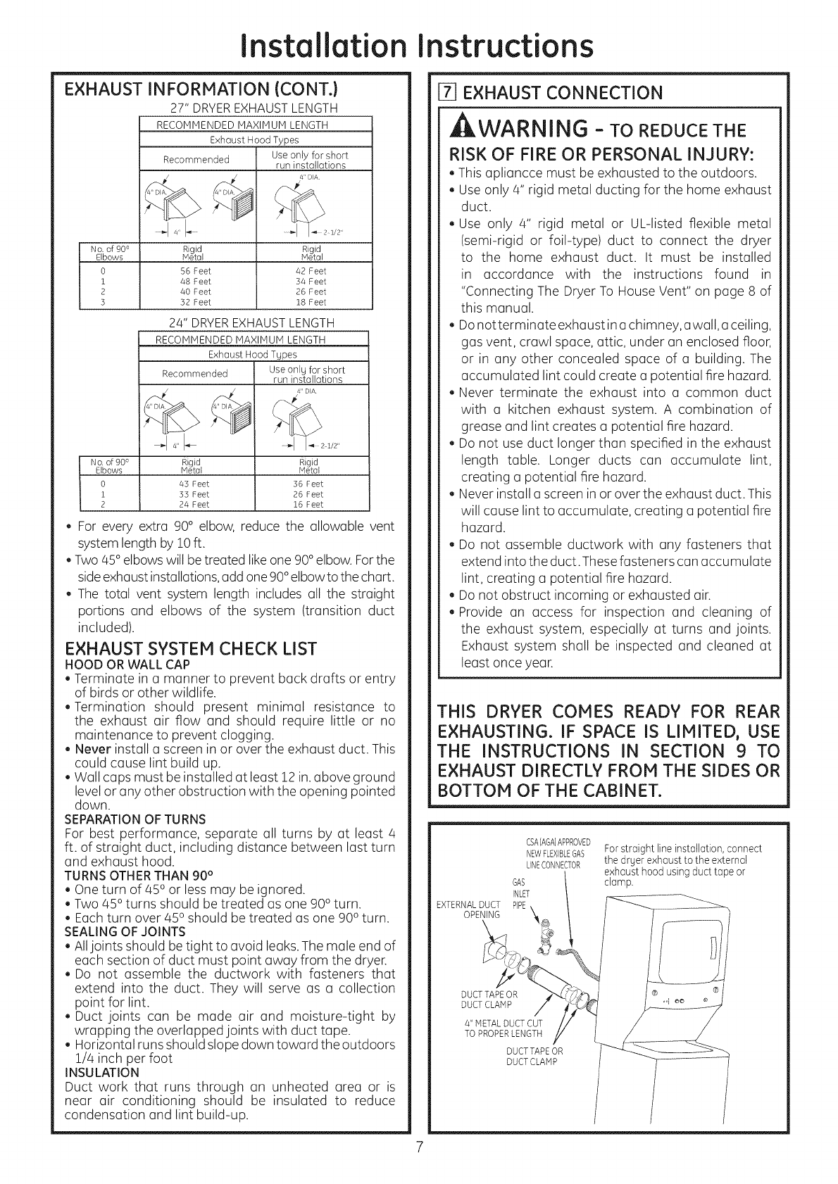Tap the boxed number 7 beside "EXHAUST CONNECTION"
click(x=443, y=92)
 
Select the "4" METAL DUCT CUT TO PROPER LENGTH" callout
click(x=503, y=1028)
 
